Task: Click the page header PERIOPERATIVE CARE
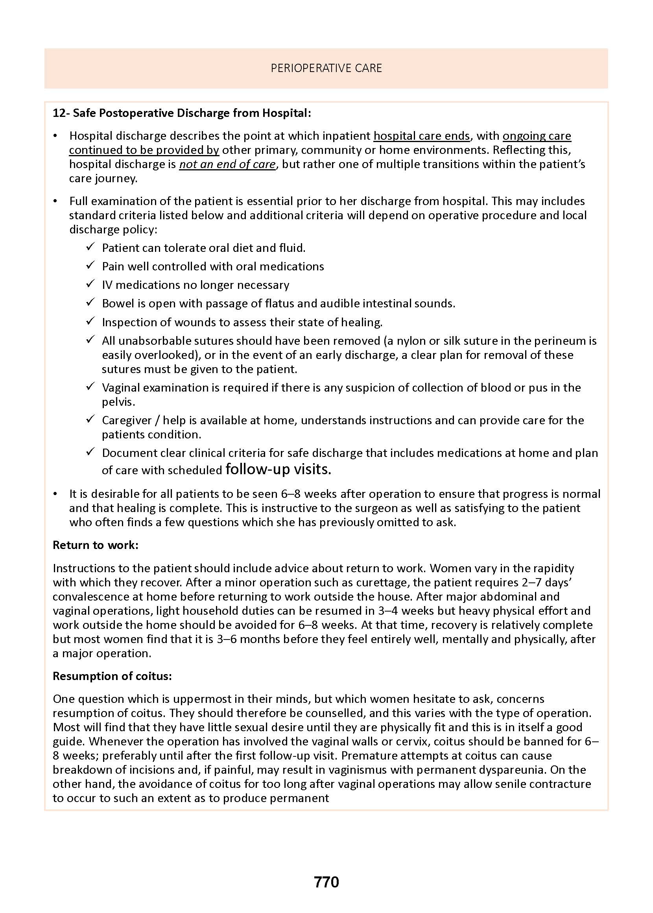point(326,68)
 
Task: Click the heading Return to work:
point(95,545)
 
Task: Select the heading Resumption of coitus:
point(112,676)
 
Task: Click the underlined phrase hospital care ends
point(421,136)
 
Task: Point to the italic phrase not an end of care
point(227,164)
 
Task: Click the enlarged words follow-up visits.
point(278,469)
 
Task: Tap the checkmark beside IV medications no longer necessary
point(90,284)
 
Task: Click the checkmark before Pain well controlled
point(90,265)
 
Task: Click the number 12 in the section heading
point(59,113)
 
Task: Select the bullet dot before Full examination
point(55,201)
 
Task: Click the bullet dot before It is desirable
point(55,494)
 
